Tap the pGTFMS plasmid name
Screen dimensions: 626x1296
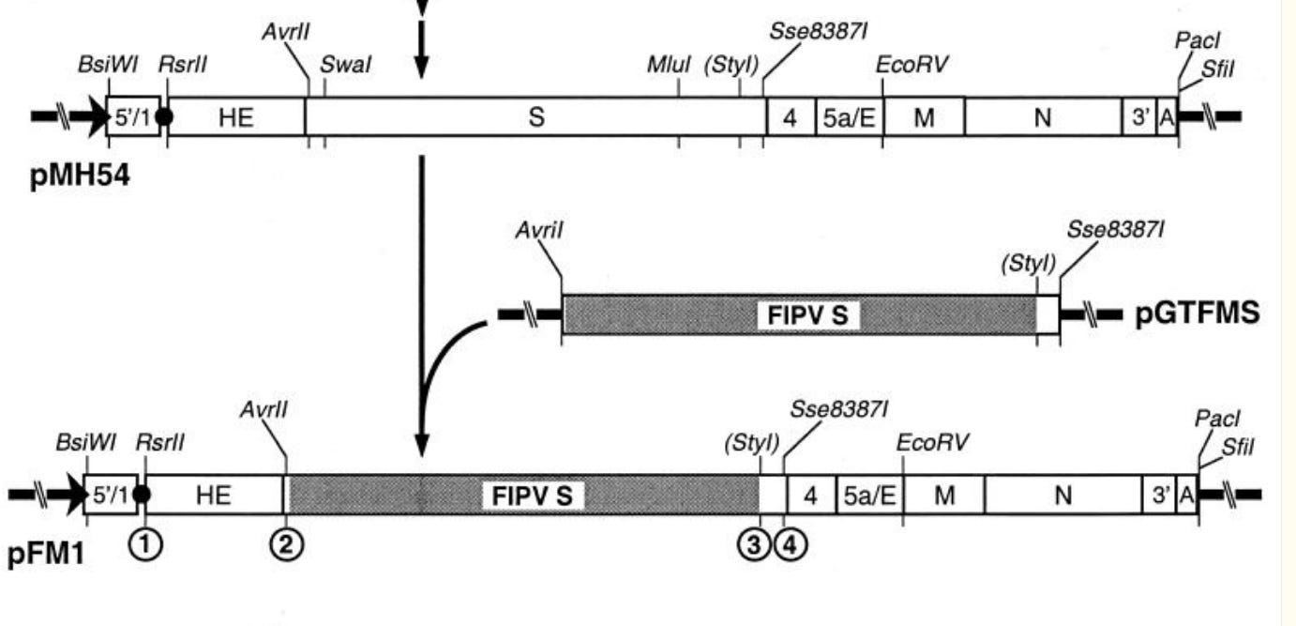click(x=1197, y=314)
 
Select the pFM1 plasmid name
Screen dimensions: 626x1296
click(x=46, y=555)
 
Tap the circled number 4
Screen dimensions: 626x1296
click(x=789, y=542)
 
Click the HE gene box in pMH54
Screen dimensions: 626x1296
click(x=235, y=117)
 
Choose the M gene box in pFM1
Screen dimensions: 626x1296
click(x=943, y=496)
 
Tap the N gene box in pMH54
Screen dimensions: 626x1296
click(x=1043, y=117)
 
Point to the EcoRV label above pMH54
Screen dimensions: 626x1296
click(x=912, y=65)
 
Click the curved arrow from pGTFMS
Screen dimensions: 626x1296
click(x=441, y=366)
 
